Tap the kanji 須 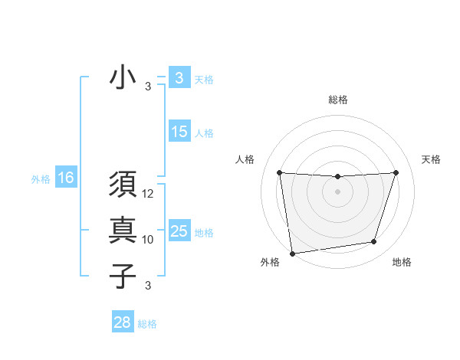pos(123,185)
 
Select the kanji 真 pos(123,231)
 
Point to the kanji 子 pos(123,276)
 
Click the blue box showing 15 pos(179,132)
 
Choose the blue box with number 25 pos(179,231)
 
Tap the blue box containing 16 pos(66,178)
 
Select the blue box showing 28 pos(123,322)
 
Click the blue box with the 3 pos(179,77)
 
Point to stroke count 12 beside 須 pos(148,195)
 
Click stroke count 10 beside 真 pos(148,240)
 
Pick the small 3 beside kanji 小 pos(148,87)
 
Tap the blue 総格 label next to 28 pos(147,324)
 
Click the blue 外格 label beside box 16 pos(41,179)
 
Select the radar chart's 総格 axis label pos(337,100)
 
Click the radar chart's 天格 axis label pos(431,159)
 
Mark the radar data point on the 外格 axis pos(292,253)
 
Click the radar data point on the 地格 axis pos(374,242)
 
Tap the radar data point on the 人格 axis pos(279,172)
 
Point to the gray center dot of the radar pos(337,191)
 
